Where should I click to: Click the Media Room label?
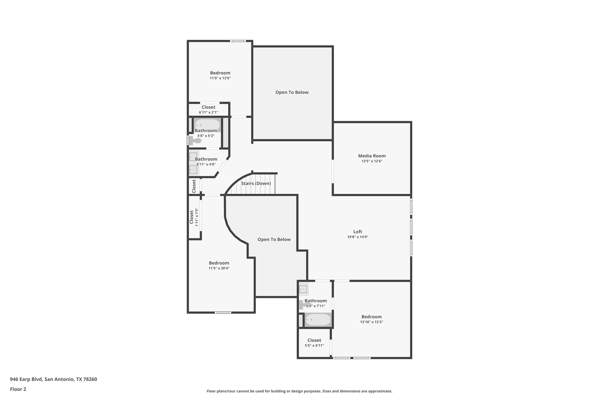pyautogui.click(x=372, y=156)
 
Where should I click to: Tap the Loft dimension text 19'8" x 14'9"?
pyautogui.click(x=357, y=237)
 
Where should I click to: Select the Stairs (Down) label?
pyautogui.click(x=256, y=183)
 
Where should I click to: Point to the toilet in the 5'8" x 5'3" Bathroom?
pyautogui.click(x=195, y=141)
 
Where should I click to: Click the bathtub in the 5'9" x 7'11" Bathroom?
pyautogui.click(x=318, y=319)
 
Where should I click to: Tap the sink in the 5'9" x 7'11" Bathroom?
pyautogui.click(x=303, y=289)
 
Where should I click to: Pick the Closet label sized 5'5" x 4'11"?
pyautogui.click(x=314, y=340)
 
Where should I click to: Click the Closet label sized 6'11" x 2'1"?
pyautogui.click(x=208, y=107)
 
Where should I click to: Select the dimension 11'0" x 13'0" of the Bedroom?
pyautogui.click(x=220, y=78)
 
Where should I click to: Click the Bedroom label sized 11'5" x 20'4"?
pyautogui.click(x=219, y=263)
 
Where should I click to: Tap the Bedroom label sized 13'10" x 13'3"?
pyautogui.click(x=371, y=317)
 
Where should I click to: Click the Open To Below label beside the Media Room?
pyautogui.click(x=292, y=92)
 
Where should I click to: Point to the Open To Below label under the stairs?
pyautogui.click(x=274, y=239)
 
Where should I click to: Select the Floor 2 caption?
pyautogui.click(x=18, y=389)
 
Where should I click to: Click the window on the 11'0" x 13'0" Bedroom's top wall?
pyautogui.click(x=238, y=41)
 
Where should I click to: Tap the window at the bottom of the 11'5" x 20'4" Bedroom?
pyautogui.click(x=223, y=312)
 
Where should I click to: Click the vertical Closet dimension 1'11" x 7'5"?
pyautogui.click(x=197, y=217)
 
